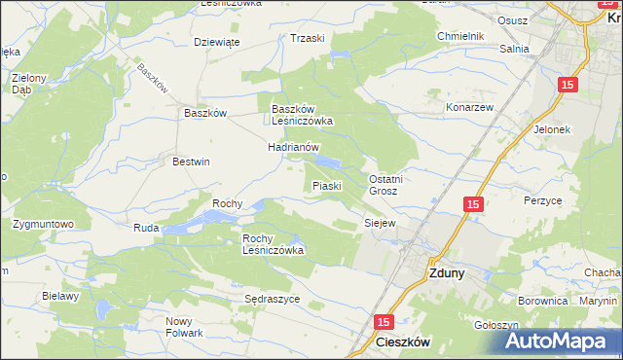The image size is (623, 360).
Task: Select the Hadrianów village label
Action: tap(294, 147)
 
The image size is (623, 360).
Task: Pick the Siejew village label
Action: tap(379, 223)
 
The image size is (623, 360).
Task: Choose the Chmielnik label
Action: tap(460, 37)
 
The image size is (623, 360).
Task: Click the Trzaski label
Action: tap(307, 38)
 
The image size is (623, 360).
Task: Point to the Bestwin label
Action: tap(191, 162)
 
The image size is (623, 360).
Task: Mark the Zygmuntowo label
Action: tap(44, 224)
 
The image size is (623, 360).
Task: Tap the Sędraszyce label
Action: tap(272, 299)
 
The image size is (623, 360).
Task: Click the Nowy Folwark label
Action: tap(184, 327)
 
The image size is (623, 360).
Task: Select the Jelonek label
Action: tap(551, 128)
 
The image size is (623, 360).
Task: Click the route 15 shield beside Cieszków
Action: tap(384, 321)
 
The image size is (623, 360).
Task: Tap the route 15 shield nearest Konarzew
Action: tap(569, 86)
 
